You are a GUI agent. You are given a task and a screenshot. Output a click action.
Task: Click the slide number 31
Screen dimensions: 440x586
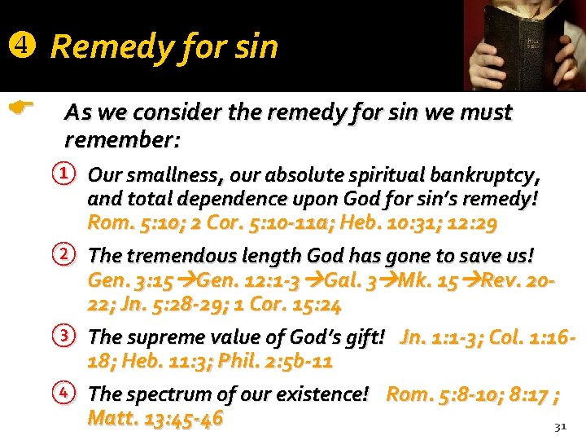[559, 426]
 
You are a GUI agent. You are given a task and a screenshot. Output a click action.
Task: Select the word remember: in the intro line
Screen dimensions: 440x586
[122, 139]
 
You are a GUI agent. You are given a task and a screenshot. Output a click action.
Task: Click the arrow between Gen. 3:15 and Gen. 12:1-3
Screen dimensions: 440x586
[184, 282]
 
